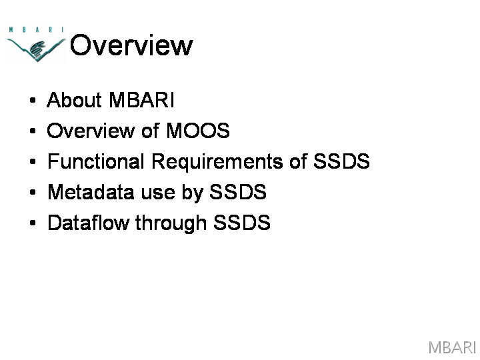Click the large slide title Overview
click(x=131, y=45)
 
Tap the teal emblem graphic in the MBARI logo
click(x=36, y=49)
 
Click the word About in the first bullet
click(x=74, y=100)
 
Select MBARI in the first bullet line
click(x=141, y=100)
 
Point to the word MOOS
click(x=198, y=131)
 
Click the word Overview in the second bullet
click(x=91, y=131)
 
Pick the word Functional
click(x=96, y=161)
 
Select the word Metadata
click(x=91, y=192)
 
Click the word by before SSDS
click(x=193, y=193)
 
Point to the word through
click(x=171, y=223)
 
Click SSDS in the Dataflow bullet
click(x=242, y=222)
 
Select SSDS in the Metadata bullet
click(x=238, y=192)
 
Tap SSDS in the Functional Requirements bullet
click(x=341, y=161)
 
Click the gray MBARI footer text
click(x=452, y=347)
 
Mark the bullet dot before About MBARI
click(x=33, y=100)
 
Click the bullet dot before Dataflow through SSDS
click(x=33, y=223)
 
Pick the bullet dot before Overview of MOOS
click(x=33, y=131)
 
